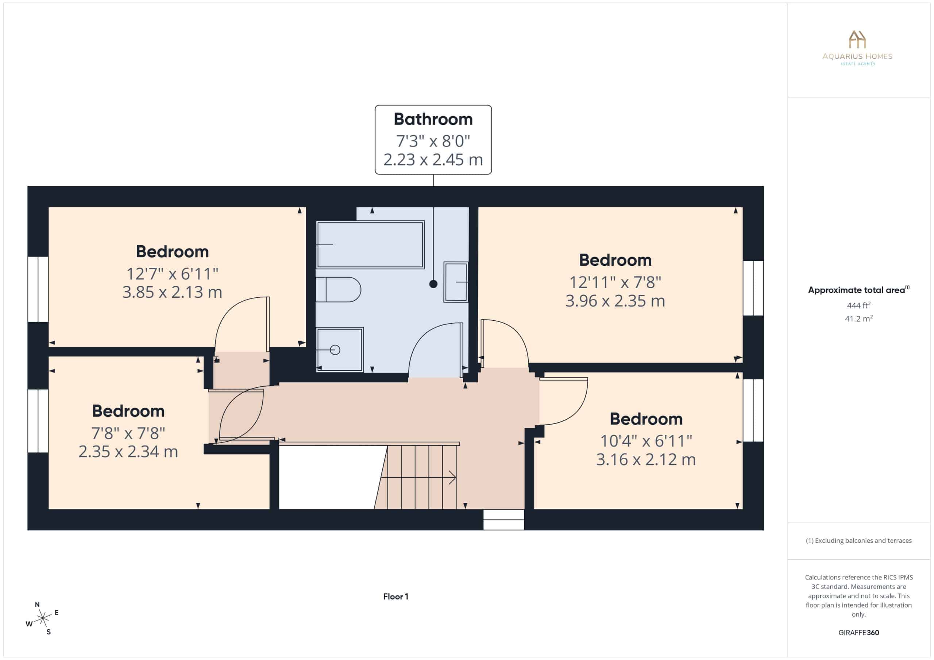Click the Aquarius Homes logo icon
pyautogui.click(x=857, y=39)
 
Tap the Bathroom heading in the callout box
pyautogui.click(x=433, y=119)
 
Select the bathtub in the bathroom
pyautogui.click(x=370, y=245)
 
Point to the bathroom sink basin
pyautogui.click(x=456, y=282)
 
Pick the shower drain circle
pyautogui.click(x=335, y=349)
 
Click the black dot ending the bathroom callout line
pyautogui.click(x=433, y=284)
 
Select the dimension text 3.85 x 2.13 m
pyautogui.click(x=172, y=292)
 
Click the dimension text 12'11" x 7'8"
pyautogui.click(x=615, y=282)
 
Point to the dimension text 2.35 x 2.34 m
pyautogui.click(x=128, y=452)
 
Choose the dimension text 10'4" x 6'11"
pyautogui.click(x=646, y=441)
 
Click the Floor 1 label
pyautogui.click(x=395, y=597)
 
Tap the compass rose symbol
pyautogui.click(x=42, y=618)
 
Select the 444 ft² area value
pyautogui.click(x=859, y=305)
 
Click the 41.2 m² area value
pyautogui.click(x=859, y=319)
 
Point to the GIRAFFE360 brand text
pyautogui.click(x=859, y=633)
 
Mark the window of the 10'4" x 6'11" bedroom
pyautogui.click(x=753, y=410)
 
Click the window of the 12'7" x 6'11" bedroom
pyautogui.click(x=38, y=289)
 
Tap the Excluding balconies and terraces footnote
pyautogui.click(x=859, y=540)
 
